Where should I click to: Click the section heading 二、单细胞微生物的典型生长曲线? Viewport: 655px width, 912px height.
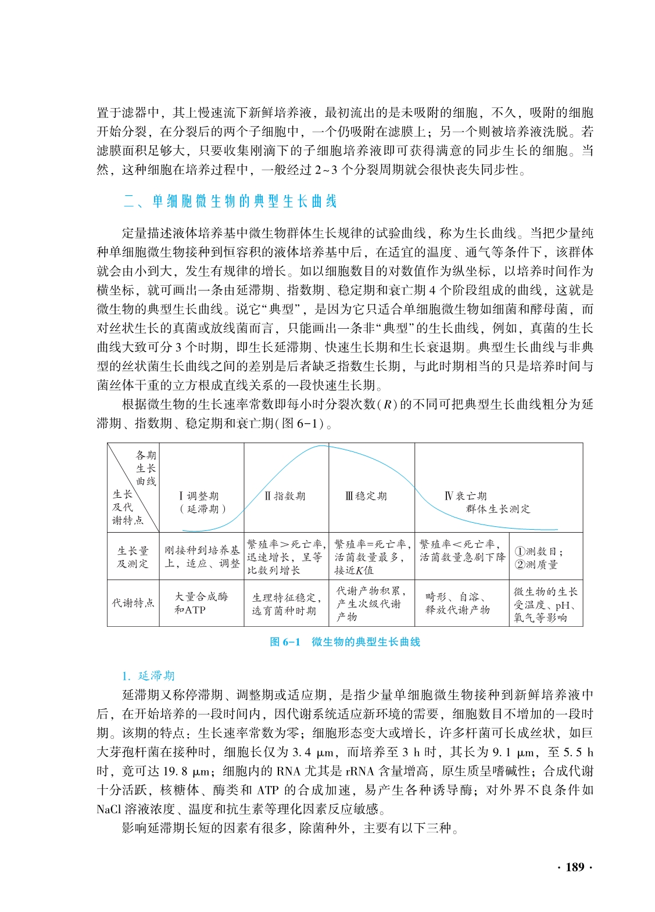230,202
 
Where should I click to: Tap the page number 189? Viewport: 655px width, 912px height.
574,867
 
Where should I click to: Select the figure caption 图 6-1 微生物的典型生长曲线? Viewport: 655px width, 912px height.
345,641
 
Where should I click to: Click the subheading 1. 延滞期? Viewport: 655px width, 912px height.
148,676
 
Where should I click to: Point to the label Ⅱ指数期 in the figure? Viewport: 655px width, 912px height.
285,496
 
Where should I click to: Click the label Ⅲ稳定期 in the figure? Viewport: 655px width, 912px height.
366,496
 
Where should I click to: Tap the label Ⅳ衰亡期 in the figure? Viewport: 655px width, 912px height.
465,496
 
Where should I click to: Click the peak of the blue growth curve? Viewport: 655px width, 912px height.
323,446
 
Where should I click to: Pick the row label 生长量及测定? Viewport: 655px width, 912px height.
133,557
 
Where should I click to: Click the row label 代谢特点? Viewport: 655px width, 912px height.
133,603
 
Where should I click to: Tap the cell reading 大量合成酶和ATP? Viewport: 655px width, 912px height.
201,603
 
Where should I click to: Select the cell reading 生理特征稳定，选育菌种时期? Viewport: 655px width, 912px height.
286,604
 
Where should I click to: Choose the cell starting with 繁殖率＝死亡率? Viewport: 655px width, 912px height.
372,557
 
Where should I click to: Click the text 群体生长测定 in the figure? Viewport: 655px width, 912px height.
498,509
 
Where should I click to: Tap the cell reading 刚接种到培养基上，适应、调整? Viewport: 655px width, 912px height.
202,557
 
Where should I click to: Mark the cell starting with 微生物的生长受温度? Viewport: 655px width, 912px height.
545,604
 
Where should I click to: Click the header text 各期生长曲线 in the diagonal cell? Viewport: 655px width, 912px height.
146,468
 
